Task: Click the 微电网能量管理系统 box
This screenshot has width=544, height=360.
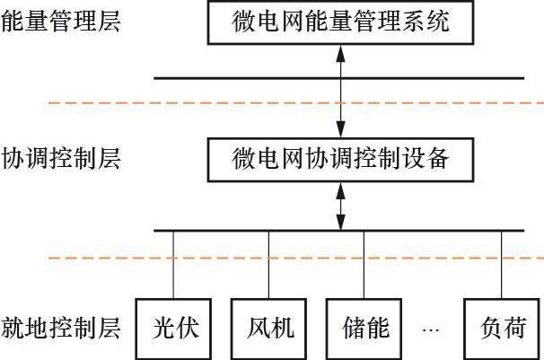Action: point(340,22)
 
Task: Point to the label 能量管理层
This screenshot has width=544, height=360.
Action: point(61,21)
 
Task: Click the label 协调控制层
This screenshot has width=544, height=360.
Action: point(61,159)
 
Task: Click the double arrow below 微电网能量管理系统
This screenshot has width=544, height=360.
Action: point(340,90)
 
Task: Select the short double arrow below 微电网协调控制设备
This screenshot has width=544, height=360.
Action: point(340,206)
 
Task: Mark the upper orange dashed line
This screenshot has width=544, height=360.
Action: point(296,104)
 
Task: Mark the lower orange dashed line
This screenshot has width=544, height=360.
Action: point(296,259)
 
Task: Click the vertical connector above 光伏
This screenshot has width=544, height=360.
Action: point(173,265)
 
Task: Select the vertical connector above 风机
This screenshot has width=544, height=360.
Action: point(269,265)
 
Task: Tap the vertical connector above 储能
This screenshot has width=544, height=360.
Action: point(364,265)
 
